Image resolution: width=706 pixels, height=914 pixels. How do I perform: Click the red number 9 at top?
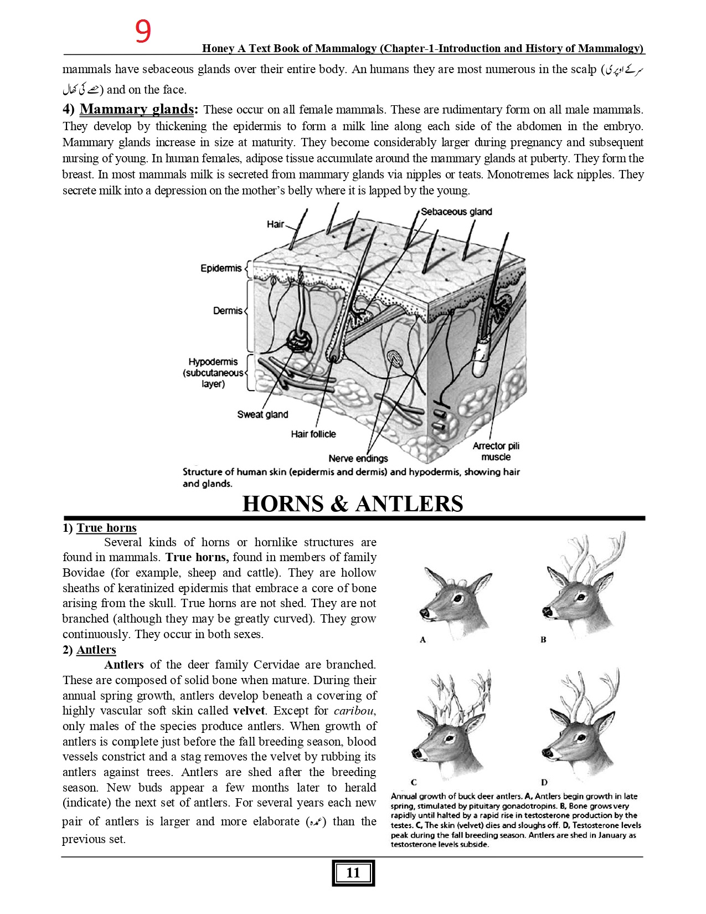(143, 32)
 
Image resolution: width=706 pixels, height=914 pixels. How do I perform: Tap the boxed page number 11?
(353, 873)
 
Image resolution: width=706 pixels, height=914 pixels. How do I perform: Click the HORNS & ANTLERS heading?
(353, 504)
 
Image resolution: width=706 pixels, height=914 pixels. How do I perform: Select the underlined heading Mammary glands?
(137, 109)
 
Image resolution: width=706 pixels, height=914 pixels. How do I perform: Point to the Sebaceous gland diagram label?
(456, 212)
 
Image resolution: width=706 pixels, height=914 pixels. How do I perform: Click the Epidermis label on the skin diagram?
(221, 268)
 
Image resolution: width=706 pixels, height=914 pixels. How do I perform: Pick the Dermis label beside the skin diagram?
(228, 311)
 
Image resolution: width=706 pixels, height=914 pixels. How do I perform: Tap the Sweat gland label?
(262, 414)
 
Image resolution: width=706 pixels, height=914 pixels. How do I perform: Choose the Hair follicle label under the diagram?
(313, 434)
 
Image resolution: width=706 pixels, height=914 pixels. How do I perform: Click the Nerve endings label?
(358, 458)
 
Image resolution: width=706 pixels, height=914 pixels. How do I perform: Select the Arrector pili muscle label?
(496, 451)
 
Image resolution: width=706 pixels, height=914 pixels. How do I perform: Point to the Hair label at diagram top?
(275, 224)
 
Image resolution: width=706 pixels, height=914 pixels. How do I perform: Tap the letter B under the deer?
(543, 639)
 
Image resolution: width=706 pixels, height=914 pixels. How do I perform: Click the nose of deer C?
(416, 753)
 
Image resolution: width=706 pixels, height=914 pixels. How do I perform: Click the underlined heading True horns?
(106, 528)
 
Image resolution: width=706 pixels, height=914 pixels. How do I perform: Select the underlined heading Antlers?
(96, 650)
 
